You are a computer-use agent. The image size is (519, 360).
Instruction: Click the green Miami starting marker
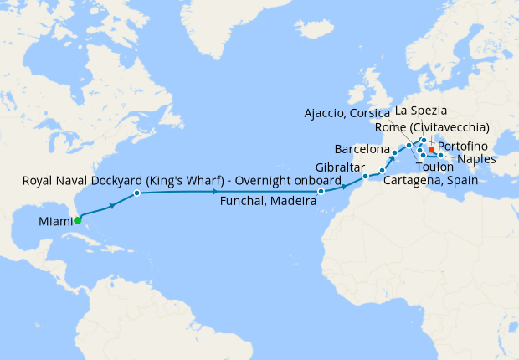pyautogui.click(x=77, y=221)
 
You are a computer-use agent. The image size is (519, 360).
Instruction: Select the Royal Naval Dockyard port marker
pyautogui.click(x=136, y=193)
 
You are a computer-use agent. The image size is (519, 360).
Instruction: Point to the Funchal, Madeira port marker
pyautogui.click(x=321, y=192)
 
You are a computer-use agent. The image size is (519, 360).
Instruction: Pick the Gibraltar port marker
pyautogui.click(x=366, y=177)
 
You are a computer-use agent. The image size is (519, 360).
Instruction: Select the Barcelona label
pyautogui.click(x=362, y=149)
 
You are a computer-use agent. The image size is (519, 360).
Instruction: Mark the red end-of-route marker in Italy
pyautogui.click(x=432, y=150)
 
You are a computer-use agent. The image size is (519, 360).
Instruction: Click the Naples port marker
pyautogui.click(x=440, y=156)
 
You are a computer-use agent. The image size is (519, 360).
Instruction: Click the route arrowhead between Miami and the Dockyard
pyautogui.click(x=111, y=205)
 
